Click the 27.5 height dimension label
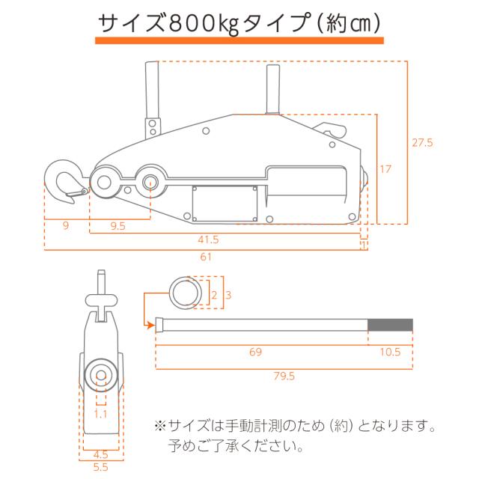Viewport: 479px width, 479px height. coord(422,143)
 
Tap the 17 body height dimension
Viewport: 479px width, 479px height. coord(385,169)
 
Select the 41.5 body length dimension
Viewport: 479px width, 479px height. coord(208,239)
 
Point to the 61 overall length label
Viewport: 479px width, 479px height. coord(206,257)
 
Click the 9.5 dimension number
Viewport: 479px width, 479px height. coord(118,226)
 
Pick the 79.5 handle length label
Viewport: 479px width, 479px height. coord(284,376)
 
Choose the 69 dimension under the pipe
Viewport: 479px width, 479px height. coord(255,352)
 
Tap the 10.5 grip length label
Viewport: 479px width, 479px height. coord(390,352)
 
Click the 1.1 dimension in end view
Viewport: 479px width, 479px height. coord(100,414)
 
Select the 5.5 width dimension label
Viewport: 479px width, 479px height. coord(101,467)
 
